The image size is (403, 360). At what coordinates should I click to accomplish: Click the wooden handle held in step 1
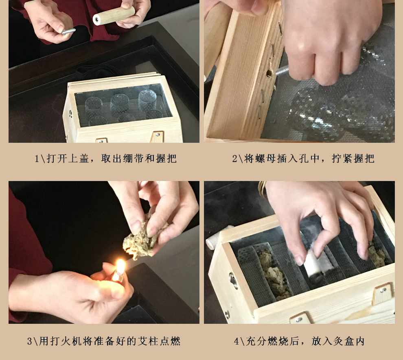pyautogui.click(x=114, y=15)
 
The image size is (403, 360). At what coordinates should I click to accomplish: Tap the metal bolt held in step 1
pyautogui.click(x=68, y=31)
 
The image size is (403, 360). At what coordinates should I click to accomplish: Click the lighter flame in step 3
pyautogui.click(x=120, y=266)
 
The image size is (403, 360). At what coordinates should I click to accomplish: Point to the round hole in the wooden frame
pyautogui.click(x=269, y=74)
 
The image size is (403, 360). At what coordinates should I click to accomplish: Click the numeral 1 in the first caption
pyautogui.click(x=37, y=159)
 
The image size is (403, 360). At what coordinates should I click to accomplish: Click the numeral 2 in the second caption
pyautogui.click(x=235, y=159)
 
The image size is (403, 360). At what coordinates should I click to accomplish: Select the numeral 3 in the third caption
pyautogui.click(x=30, y=341)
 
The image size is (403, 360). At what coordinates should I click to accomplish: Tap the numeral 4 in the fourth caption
pyautogui.click(x=237, y=341)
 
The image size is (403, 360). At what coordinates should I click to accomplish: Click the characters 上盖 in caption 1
pyautogui.click(x=79, y=159)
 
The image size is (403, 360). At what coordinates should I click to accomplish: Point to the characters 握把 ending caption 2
pyautogui.click(x=364, y=159)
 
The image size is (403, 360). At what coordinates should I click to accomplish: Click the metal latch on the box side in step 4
pyautogui.click(x=233, y=281)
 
